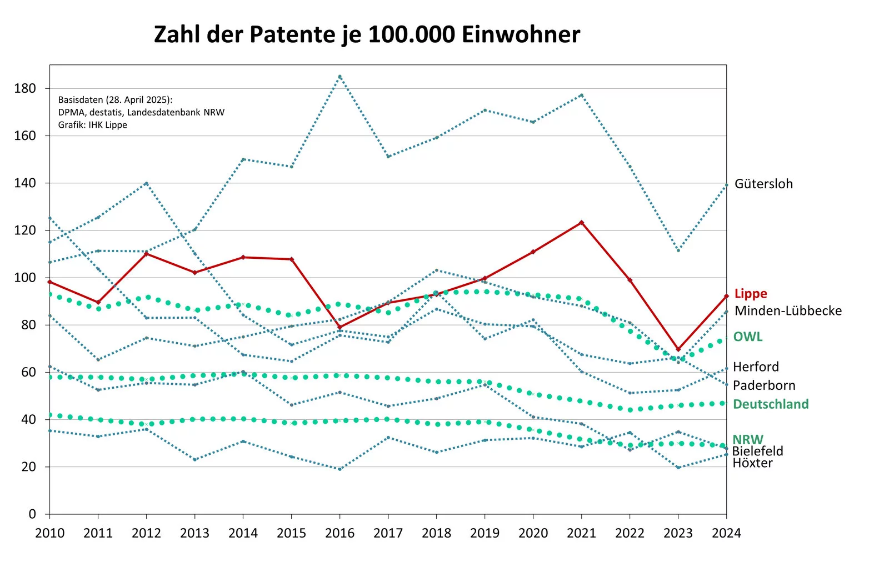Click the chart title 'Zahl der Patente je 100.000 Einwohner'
point(367,34)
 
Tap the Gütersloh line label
point(763,184)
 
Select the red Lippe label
point(750,294)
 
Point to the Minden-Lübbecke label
point(788,310)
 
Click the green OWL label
point(747,337)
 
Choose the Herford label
point(756,367)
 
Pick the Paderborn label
point(764,385)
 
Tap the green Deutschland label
point(771,404)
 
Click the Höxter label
point(752,464)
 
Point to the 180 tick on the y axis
point(25,88)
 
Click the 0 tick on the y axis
point(32,514)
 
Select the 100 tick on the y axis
point(25,278)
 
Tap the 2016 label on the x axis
point(339,533)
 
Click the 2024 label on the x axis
point(726,533)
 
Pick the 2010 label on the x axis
point(49,533)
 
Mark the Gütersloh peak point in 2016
point(340,77)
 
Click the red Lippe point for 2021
point(581,223)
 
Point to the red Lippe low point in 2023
point(678,349)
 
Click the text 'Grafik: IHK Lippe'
point(93,125)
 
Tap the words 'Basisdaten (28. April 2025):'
point(116,100)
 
